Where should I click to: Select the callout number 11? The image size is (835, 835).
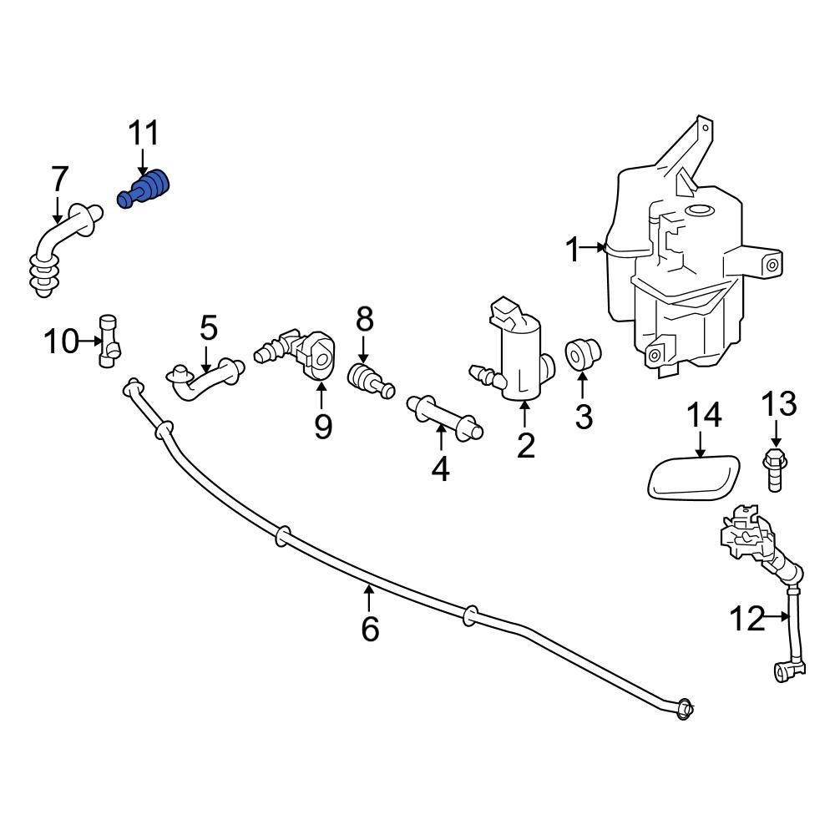point(143,134)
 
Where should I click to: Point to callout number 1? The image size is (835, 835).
point(573,249)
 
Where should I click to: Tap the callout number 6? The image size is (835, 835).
point(370,628)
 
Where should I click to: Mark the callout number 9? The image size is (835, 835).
point(322,427)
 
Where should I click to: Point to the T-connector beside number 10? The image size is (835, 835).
point(109,341)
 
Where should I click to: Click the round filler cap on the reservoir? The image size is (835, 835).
point(697,212)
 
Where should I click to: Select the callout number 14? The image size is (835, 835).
point(704,415)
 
